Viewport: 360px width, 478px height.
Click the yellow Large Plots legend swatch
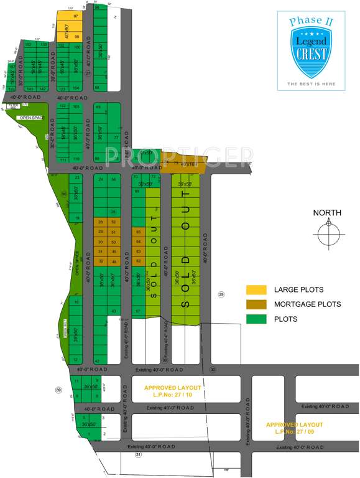pyautogui.click(x=256, y=289)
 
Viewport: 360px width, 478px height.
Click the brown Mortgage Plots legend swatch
pyautogui.click(x=256, y=304)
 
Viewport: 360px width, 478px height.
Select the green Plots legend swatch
pyautogui.click(x=256, y=319)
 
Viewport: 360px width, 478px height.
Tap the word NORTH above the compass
pyautogui.click(x=327, y=213)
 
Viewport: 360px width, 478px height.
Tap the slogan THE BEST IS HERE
pyautogui.click(x=311, y=83)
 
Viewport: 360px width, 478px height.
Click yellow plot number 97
pyautogui.click(x=76, y=16)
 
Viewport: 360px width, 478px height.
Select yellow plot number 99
pyautogui.click(x=76, y=37)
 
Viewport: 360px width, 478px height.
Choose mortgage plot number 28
pyautogui.click(x=100, y=222)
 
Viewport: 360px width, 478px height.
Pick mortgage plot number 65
pyautogui.click(x=138, y=232)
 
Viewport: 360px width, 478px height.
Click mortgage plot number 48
pyautogui.click(x=113, y=261)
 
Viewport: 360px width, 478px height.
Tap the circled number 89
pyautogui.click(x=58, y=390)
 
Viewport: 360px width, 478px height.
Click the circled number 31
pyautogui.click(x=138, y=455)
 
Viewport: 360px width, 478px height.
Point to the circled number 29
pyautogui.click(x=221, y=294)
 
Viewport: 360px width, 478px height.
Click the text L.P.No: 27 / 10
pyautogui.click(x=172, y=395)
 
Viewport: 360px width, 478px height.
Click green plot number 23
pyautogui.click(x=77, y=178)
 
